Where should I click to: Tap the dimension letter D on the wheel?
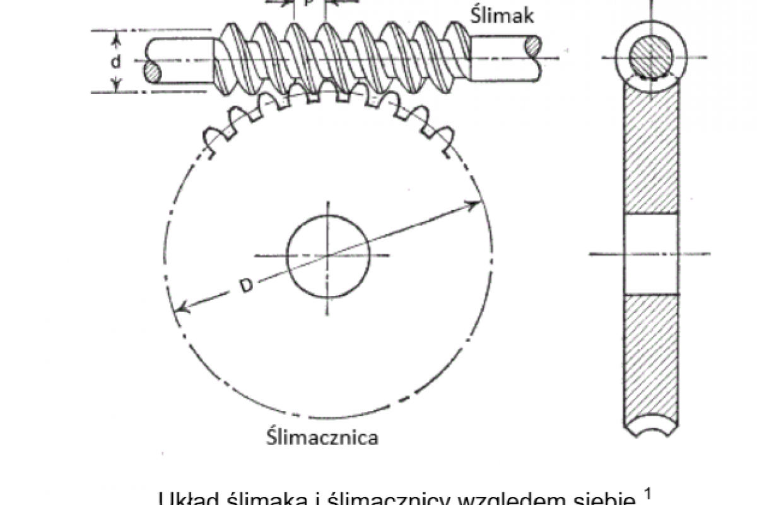pyautogui.click(x=247, y=285)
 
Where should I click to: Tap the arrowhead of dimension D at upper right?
pyautogui.click(x=473, y=203)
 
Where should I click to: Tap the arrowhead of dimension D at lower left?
pyautogui.click(x=181, y=308)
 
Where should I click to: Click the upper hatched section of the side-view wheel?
pyautogui.click(x=652, y=151)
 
